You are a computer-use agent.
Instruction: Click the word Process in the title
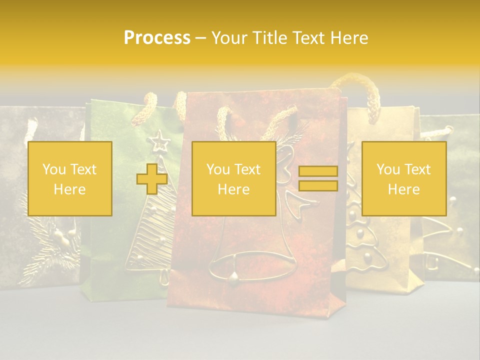pos(157,38)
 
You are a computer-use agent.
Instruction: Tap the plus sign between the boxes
pos(152,178)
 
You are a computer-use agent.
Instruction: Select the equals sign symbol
pos(318,178)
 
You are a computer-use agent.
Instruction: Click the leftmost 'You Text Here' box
pos(70,178)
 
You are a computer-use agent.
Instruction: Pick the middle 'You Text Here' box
pos(234,178)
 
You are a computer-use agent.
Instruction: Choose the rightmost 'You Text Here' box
pos(404,178)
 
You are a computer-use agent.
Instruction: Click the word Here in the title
pos(349,38)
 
